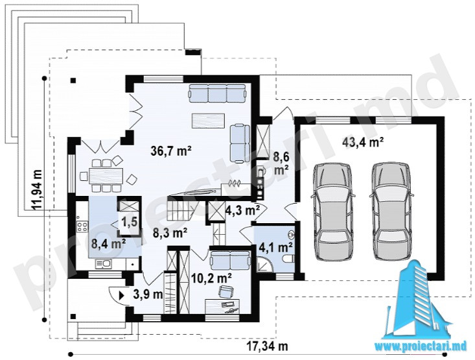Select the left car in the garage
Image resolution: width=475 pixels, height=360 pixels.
(332, 211)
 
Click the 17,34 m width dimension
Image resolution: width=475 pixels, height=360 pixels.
(267, 346)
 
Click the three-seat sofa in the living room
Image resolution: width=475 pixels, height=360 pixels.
(216, 93)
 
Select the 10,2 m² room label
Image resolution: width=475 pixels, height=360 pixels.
(212, 277)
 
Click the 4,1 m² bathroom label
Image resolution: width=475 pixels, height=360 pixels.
(275, 248)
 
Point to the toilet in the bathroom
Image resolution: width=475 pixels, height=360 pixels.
(288, 258)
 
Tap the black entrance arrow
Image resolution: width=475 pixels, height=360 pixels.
(121, 294)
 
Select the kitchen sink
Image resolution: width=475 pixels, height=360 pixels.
(103, 264)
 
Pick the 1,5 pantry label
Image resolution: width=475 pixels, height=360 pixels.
(130, 221)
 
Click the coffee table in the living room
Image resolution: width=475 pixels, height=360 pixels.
(208, 121)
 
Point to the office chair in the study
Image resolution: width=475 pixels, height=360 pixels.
(226, 291)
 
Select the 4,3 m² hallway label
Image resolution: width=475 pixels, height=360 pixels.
(242, 210)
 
